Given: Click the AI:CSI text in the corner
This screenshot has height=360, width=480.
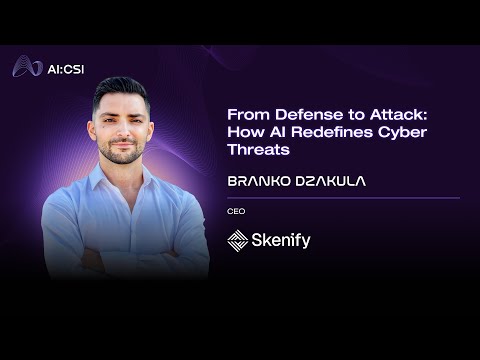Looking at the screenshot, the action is [66, 69].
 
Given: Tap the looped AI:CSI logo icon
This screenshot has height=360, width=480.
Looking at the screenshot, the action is [27, 66].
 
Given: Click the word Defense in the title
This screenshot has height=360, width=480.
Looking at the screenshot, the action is [309, 115].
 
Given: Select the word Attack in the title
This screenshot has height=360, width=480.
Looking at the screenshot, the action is [398, 115].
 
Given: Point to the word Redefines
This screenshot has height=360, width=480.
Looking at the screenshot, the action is [332, 132].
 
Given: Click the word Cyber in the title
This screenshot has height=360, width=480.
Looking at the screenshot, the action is [402, 133].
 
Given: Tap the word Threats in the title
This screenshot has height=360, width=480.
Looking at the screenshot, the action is [258, 149].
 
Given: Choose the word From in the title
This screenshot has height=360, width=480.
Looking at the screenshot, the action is [248, 115].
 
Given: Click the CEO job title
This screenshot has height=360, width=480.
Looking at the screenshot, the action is [236, 211].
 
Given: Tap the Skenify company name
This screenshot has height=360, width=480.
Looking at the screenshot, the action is [281, 240].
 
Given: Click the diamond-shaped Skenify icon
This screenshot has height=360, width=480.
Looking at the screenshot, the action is [238, 240].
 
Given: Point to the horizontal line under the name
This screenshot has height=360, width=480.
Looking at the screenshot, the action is [344, 198].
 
